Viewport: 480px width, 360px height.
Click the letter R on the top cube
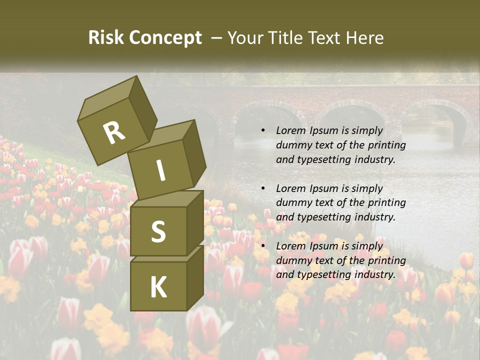coord(114,133)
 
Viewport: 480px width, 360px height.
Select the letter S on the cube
coord(158,231)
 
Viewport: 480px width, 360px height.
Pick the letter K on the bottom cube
coord(158,287)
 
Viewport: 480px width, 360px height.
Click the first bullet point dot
coord(263,130)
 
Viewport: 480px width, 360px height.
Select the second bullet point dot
coord(263,188)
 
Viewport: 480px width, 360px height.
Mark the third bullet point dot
coord(263,246)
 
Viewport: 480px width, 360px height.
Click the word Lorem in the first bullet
coord(289,130)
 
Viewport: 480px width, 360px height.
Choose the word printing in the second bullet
coord(385,203)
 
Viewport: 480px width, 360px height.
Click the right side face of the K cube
coord(195,277)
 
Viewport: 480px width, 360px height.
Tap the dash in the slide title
coord(216,38)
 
